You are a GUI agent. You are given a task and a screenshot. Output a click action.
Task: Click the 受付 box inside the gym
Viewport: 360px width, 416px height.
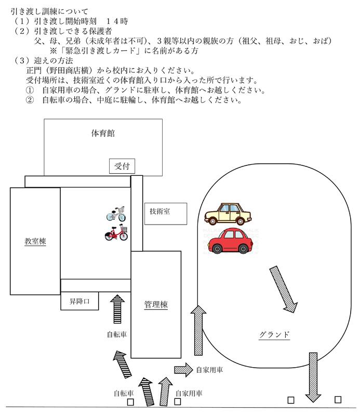(x=122, y=166)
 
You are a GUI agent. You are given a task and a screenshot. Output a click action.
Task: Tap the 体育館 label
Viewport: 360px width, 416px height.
(x=103, y=133)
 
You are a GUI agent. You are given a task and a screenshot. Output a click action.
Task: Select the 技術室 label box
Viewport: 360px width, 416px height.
(x=159, y=211)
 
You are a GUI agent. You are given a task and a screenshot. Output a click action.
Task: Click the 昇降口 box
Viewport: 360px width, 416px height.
(x=79, y=301)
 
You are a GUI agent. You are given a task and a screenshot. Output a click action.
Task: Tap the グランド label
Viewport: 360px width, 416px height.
(x=274, y=334)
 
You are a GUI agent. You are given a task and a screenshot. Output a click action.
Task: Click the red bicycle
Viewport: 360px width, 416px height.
(x=116, y=233)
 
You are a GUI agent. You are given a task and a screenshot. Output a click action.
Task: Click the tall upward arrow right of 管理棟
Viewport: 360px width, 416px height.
(x=197, y=331)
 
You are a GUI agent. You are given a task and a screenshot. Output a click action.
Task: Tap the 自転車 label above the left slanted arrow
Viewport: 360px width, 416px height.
(x=116, y=335)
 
